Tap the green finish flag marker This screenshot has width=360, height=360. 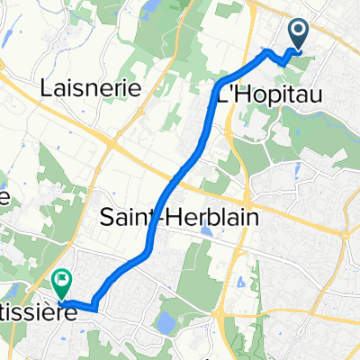pos(61,283)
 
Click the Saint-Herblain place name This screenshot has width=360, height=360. pos(162,218)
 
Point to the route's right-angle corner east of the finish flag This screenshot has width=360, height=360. pos(93,309)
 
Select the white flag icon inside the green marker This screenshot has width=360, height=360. pos(61,278)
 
